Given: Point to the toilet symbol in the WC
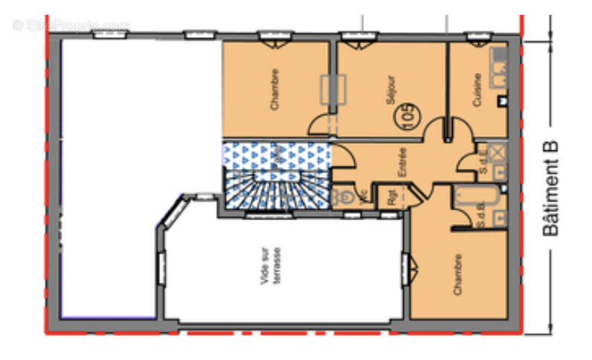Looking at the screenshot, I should tap(344, 197).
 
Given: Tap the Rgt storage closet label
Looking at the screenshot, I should tap(390, 198).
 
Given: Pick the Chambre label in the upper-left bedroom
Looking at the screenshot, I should tap(275, 90).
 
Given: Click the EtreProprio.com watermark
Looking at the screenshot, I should tap(71, 25).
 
